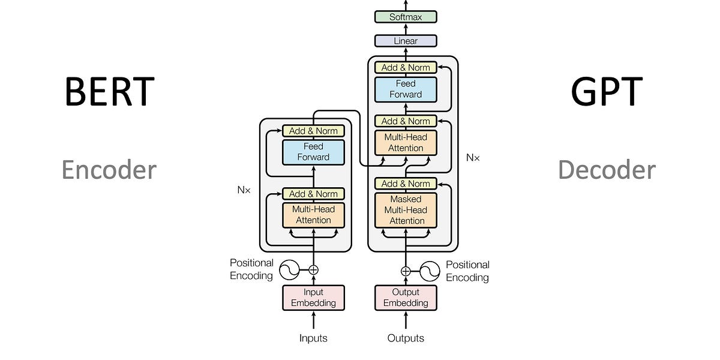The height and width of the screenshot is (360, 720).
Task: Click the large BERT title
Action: pos(109,92)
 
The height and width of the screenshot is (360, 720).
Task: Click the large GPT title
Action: pos(607,92)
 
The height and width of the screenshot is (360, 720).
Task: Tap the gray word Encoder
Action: pos(109,170)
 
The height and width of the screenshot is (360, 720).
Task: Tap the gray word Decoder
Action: pos(607,170)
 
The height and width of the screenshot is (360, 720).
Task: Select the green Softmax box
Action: pos(406,17)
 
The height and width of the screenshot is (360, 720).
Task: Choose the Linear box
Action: pos(406,41)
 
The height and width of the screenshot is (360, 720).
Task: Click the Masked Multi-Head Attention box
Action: pos(406,210)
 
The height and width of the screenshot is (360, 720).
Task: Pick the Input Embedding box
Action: pos(313,298)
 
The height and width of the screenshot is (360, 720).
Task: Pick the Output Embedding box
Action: pos(406,298)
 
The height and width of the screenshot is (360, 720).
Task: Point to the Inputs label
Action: pos(313,338)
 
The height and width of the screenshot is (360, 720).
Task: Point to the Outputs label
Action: pos(406,338)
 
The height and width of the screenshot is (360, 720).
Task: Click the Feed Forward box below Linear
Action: pos(406,89)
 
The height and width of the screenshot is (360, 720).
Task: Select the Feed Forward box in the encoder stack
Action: pos(313,152)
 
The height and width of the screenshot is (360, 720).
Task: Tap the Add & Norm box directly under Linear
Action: pos(406,68)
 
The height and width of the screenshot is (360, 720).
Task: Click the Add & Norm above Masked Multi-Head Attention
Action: pos(406,184)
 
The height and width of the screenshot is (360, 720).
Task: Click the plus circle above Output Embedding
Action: pos(406,271)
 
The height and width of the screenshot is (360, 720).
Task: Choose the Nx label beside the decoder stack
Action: pos(473,157)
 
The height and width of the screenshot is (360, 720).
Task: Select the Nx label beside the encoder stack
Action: pos(244,190)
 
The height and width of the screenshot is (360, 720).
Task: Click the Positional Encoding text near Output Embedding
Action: pos(467,271)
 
